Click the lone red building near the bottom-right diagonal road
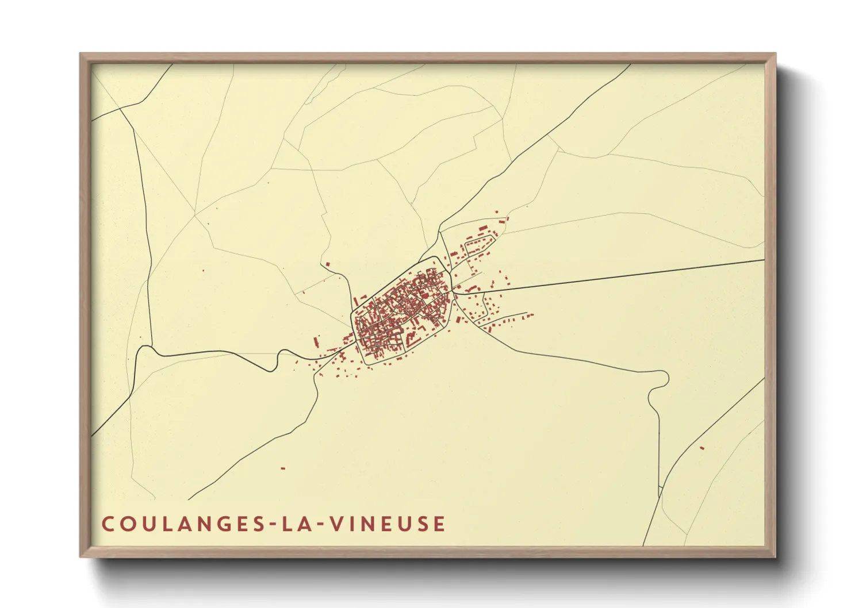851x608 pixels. (x=701, y=448)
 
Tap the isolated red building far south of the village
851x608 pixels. (x=283, y=468)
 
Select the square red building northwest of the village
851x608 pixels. (x=328, y=264)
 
